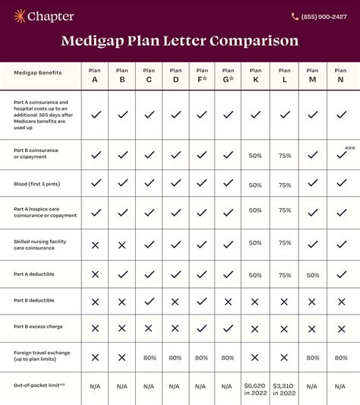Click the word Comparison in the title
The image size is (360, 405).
tap(254, 41)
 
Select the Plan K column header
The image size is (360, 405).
tap(255, 74)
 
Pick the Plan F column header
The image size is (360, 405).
tap(202, 74)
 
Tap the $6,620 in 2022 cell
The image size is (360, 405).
tap(255, 388)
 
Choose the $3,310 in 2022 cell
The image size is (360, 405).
tap(284, 388)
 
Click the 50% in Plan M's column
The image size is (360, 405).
tap(312, 275)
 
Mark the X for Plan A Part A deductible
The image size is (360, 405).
tap(95, 274)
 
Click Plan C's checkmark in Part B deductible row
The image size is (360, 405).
tap(149, 301)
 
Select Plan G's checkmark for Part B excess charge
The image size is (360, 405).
tap(228, 328)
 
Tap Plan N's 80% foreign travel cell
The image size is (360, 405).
tap(341, 357)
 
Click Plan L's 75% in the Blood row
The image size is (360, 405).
tap(284, 185)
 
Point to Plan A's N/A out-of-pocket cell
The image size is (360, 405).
tap(95, 387)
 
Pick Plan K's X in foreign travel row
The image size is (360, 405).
tap(255, 357)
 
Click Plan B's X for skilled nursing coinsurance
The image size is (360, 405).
tap(122, 245)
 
